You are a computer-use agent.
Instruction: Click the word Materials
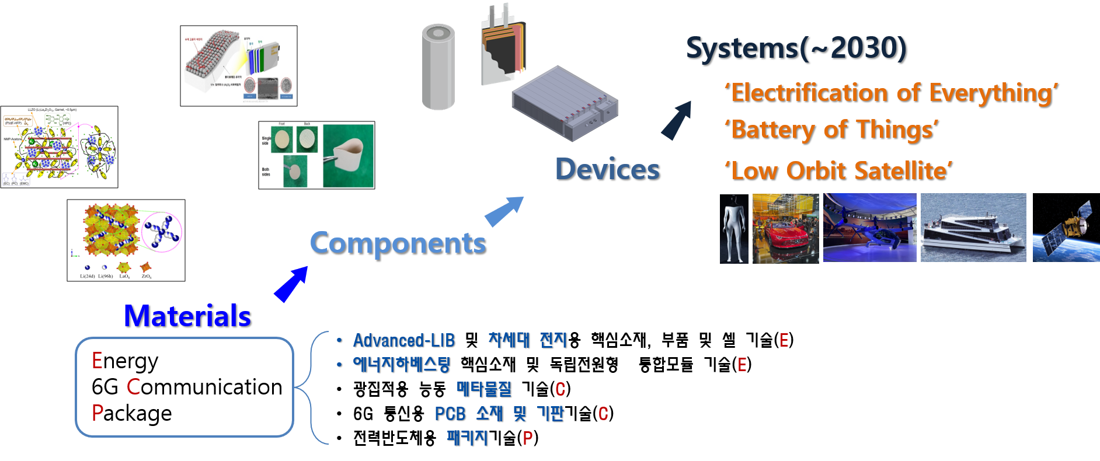pos(187,316)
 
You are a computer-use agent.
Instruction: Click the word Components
pos(397,243)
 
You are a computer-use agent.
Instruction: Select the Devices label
pos(607,169)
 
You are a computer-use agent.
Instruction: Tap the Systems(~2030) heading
pos(795,48)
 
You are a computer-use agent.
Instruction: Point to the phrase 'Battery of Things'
pos(831,130)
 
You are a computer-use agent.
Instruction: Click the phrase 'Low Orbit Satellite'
pos(838,171)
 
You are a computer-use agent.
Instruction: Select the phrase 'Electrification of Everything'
pos(891,93)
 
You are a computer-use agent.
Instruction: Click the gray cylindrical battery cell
pos(438,67)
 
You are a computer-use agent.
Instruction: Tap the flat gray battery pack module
pos(564,103)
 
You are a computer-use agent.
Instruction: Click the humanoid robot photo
pos(734,228)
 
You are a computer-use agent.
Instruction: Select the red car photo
pos(785,228)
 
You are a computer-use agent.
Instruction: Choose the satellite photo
pos(1066,228)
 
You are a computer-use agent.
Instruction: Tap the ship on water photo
pos(973,228)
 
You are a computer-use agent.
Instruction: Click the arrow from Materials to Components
pos(291,284)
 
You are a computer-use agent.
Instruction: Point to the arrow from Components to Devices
pos(504,211)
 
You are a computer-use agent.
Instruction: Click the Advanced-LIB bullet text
pos(403,340)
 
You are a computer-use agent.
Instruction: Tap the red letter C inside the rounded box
pos(133,386)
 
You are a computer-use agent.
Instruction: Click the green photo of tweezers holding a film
pos(348,156)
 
